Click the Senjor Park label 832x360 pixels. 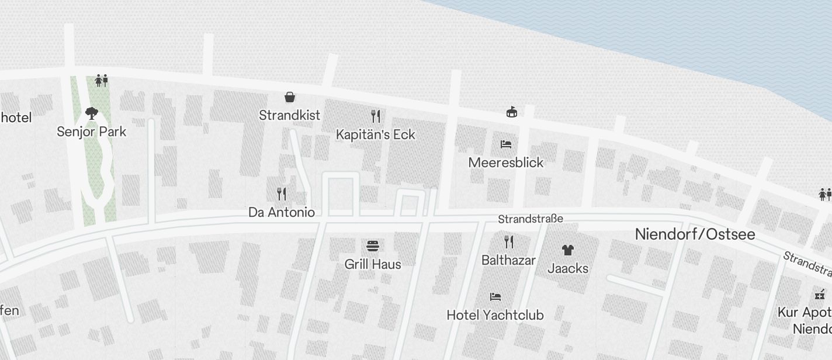[91, 131]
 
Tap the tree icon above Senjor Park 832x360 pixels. [91, 113]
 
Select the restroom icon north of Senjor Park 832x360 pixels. [102, 80]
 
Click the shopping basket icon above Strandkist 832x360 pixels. [290, 96]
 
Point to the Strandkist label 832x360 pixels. [290, 115]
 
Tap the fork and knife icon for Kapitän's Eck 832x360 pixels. [376, 116]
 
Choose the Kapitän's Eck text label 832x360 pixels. [376, 134]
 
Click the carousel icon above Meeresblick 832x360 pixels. [512, 111]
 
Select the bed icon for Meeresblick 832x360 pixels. [506, 144]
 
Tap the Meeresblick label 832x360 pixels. [506, 162]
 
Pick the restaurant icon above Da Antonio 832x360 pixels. [282, 193]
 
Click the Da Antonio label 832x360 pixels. [282, 212]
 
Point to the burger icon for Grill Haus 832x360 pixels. [373, 245]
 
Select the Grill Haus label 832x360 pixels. [373, 264]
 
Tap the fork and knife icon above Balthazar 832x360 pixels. [509, 241]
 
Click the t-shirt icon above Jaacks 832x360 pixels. [568, 250]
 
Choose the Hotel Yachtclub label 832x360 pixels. [495, 315]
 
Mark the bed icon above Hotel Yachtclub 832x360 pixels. [495, 297]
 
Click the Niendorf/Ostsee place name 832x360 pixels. [695, 234]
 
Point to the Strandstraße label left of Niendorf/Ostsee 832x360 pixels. [531, 219]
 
